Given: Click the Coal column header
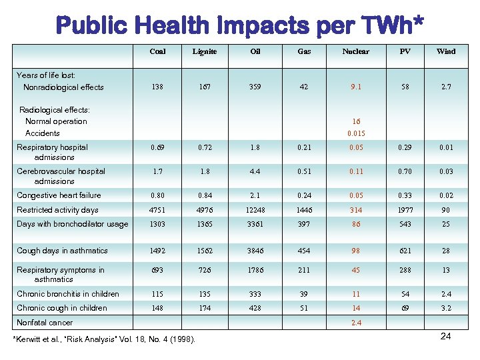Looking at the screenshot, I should [x=158, y=51].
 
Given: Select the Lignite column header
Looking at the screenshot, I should [x=204, y=51].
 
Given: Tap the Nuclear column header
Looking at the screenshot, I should [x=355, y=51].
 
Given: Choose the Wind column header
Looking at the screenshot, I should [x=446, y=51].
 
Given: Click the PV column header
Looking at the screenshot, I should [x=405, y=51].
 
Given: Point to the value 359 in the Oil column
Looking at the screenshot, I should [x=255, y=87].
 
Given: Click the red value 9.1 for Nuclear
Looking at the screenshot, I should [x=356, y=87].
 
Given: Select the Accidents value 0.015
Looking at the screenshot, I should [x=356, y=133].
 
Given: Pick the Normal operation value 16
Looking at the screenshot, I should [x=356, y=121].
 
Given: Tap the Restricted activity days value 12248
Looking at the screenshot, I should [x=255, y=210].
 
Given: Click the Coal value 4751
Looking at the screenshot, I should [x=158, y=210].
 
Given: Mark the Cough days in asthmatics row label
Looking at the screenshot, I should [x=62, y=251].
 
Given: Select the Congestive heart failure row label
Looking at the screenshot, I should [x=59, y=195].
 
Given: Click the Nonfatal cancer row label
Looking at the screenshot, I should [x=45, y=323].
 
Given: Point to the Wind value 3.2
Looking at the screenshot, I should [x=446, y=308].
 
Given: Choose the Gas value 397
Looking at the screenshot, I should [x=304, y=224].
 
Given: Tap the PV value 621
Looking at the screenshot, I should [x=405, y=251].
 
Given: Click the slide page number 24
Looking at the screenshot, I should [x=445, y=336].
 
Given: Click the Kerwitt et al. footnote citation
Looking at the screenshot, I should [x=105, y=340].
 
